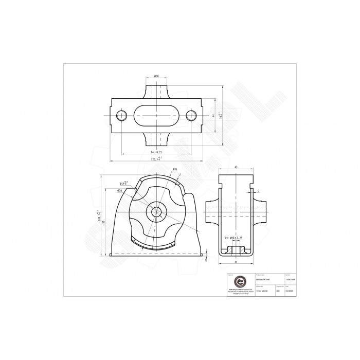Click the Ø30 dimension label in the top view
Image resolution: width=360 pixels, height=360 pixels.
[x=156, y=76]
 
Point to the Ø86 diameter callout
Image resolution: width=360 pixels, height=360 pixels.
[x=174, y=169]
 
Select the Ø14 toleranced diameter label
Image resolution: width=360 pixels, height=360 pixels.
[x=124, y=182]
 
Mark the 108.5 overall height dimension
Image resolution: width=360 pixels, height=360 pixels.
[x=98, y=215]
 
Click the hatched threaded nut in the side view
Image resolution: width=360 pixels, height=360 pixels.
[x=236, y=249]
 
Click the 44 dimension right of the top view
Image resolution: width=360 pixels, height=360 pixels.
[x=212, y=116]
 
